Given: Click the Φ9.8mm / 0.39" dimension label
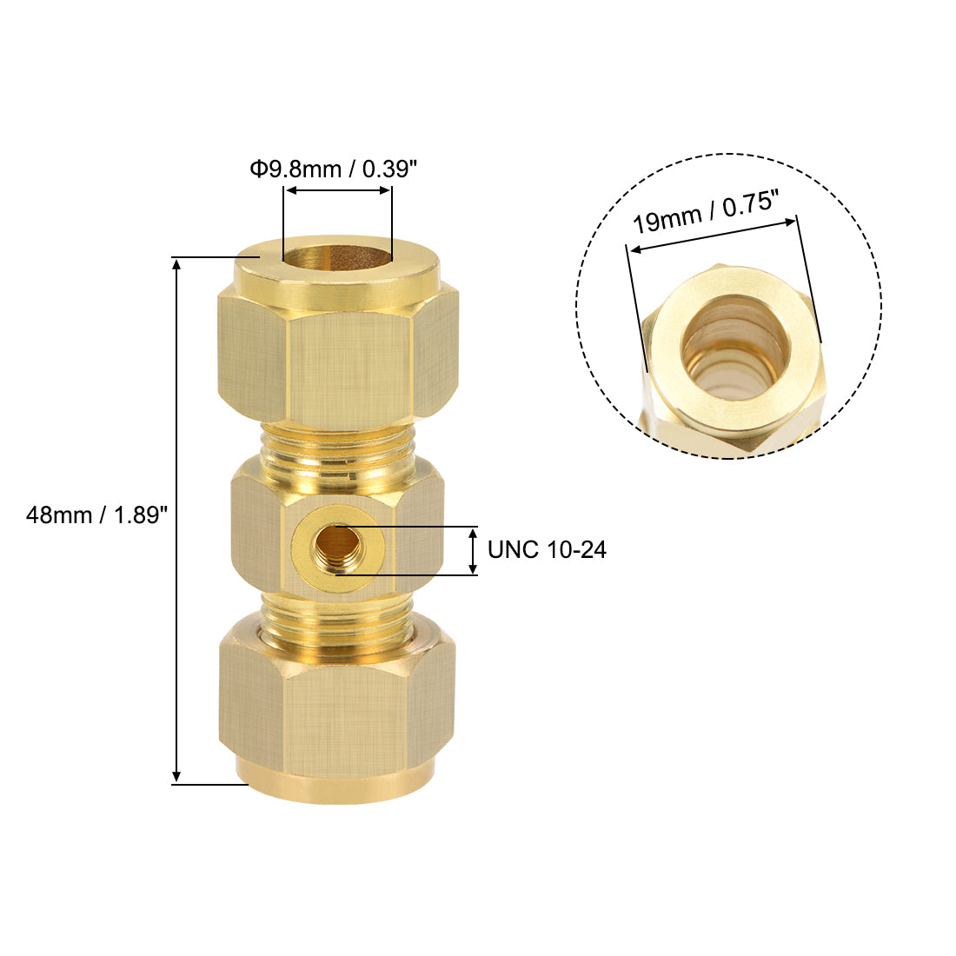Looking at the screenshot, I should coord(335,168).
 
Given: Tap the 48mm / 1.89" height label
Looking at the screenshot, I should coord(96,515).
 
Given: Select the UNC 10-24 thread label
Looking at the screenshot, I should coord(547,549).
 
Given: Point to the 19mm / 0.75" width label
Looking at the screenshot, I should coord(703,213).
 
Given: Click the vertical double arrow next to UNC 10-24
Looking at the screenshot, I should coord(473,550).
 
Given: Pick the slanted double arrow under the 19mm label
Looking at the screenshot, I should coord(713,236).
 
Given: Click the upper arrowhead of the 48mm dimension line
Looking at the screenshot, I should coord(177,265).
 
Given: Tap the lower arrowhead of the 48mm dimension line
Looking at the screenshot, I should coord(177,775).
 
